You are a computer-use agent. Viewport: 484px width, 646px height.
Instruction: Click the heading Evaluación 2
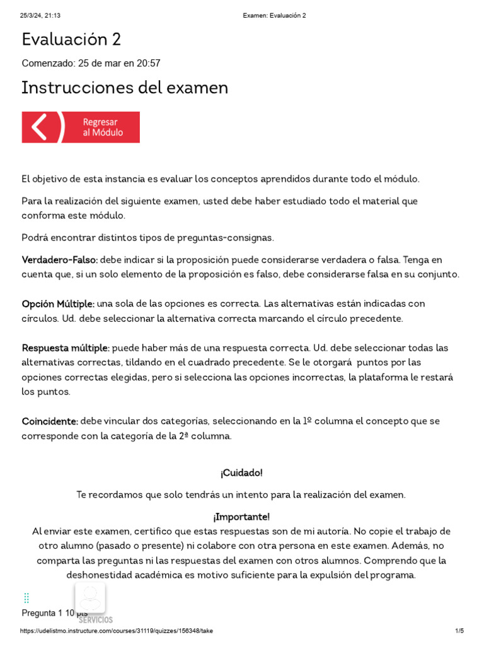point(71,40)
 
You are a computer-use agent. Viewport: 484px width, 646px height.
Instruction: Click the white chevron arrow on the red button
point(39,127)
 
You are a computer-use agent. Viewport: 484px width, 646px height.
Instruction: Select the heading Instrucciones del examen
point(125,88)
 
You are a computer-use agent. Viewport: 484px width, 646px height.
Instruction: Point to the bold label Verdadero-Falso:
point(60,260)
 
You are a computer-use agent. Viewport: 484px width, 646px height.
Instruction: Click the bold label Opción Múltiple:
point(58,304)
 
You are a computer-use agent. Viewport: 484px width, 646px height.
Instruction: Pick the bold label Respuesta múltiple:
point(66,348)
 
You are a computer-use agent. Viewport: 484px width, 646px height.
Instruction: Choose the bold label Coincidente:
point(50,421)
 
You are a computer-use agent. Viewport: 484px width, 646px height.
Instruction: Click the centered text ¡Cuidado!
point(241,473)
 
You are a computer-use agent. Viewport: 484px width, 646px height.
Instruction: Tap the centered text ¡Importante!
point(241,517)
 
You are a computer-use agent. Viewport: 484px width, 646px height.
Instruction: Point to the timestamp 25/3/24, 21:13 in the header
point(43,15)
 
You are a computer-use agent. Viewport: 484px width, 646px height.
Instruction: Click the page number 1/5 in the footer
point(459,631)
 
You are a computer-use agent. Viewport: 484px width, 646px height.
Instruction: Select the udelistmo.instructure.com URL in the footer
point(117,631)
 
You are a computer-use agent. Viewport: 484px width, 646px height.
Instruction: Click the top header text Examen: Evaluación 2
point(274,15)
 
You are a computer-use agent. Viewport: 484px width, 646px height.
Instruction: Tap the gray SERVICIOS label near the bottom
point(96,620)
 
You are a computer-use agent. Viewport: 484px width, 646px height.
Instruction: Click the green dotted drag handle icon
point(26,597)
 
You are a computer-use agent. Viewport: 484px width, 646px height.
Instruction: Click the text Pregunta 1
point(42,613)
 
